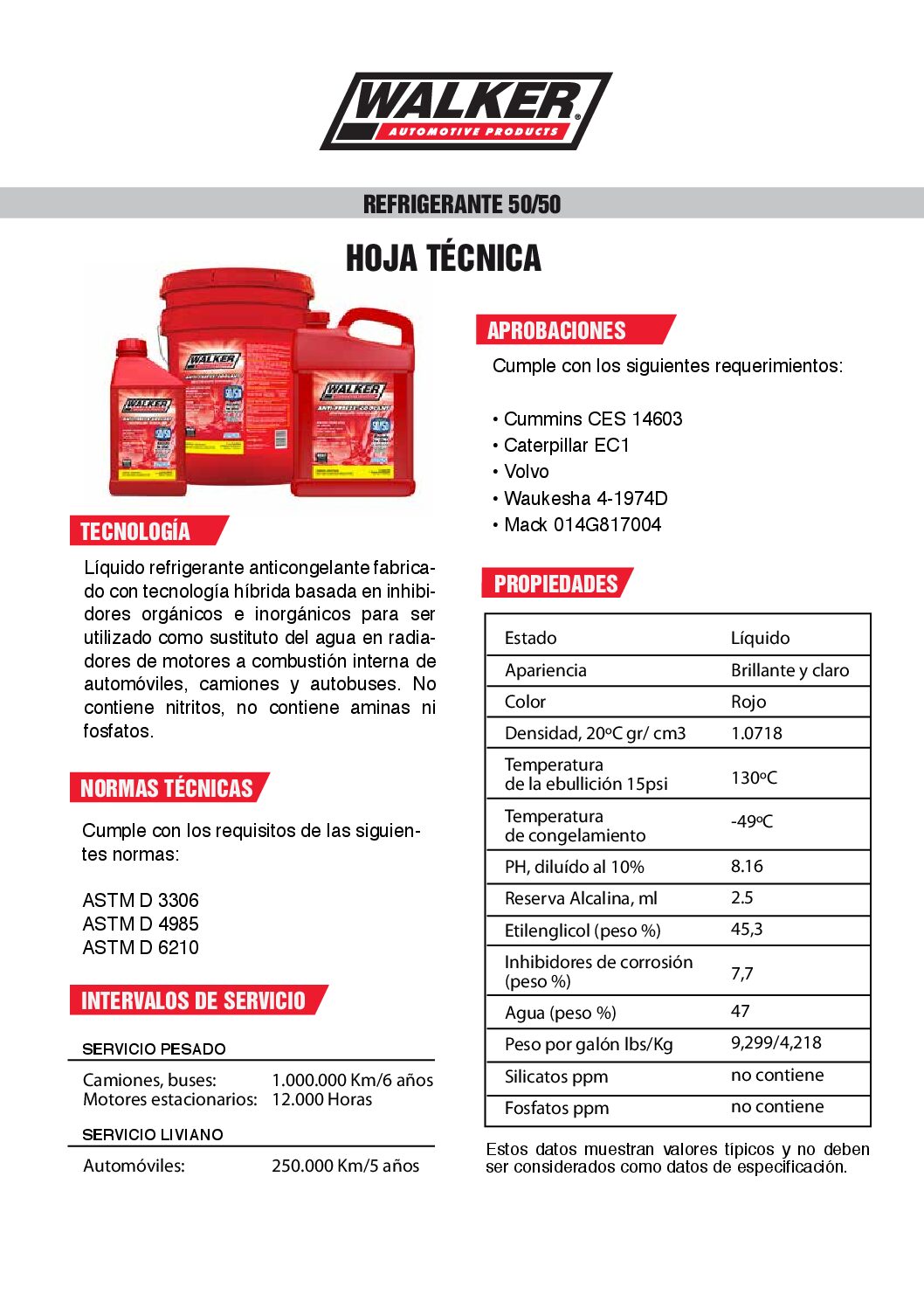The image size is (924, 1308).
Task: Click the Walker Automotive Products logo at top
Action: pos(465,111)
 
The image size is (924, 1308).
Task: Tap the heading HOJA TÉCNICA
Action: pos(443,259)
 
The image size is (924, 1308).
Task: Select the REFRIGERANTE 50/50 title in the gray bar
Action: pos(461,204)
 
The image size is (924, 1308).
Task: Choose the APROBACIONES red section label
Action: pos(556,330)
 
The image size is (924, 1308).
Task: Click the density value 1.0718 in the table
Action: pos(756,733)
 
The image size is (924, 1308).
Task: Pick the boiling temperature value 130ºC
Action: pos(754,777)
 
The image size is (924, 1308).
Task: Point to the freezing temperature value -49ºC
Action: pos(752,821)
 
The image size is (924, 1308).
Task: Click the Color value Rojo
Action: pos(748,702)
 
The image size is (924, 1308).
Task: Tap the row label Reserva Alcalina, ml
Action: pos(581,898)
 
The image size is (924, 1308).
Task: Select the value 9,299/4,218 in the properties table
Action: pos(776,1042)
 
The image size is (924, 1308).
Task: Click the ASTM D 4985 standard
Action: pos(141,924)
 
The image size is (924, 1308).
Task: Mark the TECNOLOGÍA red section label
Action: pos(135,531)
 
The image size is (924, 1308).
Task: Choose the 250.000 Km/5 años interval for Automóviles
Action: pos(345,1166)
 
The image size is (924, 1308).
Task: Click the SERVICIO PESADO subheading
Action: pos(154,1048)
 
